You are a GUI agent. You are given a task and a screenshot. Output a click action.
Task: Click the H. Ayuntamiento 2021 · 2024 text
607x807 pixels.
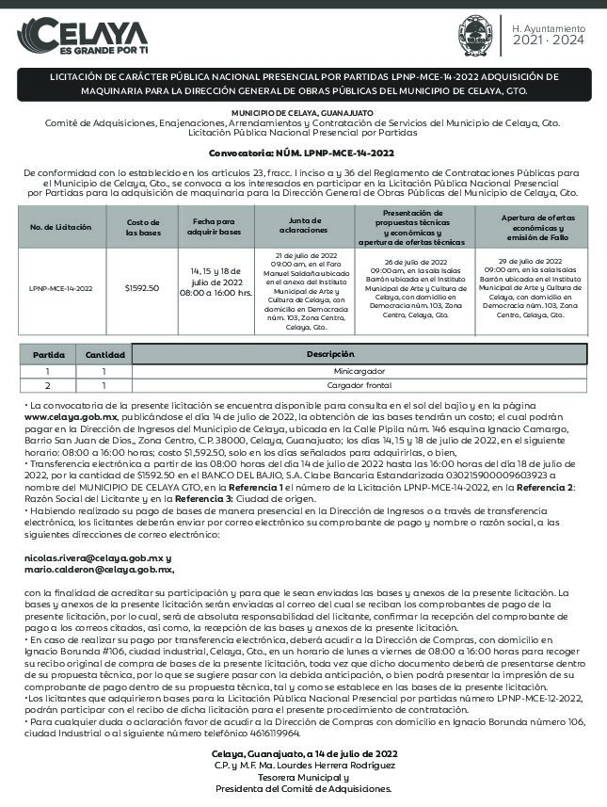(x=548, y=36)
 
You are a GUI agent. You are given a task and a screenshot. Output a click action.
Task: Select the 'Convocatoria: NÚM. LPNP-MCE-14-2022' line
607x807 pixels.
(x=301, y=152)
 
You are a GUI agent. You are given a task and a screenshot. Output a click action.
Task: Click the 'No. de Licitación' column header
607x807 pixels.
(x=61, y=227)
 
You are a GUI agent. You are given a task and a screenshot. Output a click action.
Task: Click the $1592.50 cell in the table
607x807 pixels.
(x=142, y=288)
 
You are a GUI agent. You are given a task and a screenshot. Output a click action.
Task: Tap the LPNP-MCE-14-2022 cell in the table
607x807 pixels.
(x=61, y=288)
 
